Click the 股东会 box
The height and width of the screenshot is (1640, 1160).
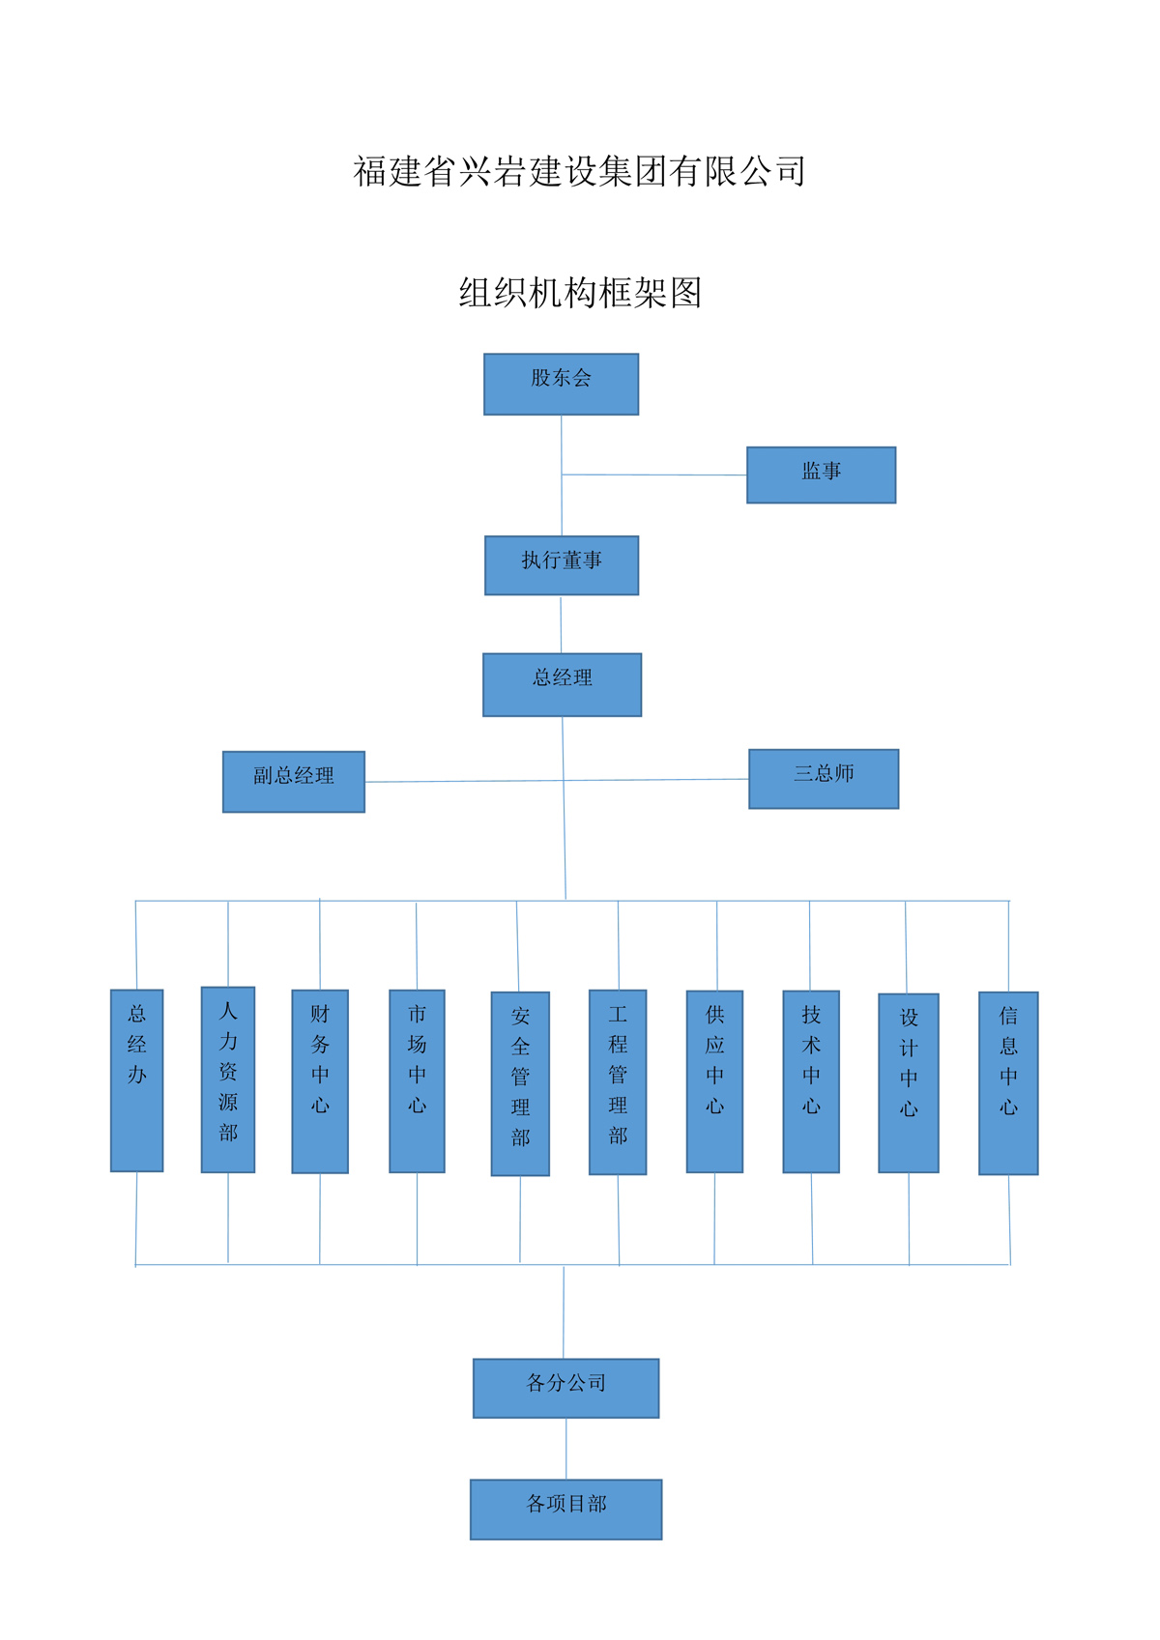[561, 384]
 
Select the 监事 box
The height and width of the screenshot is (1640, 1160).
[821, 475]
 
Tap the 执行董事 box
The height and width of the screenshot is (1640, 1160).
[562, 565]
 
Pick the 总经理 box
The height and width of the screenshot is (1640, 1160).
[562, 684]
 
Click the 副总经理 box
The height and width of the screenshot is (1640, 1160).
[294, 782]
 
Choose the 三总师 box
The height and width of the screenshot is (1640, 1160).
[824, 779]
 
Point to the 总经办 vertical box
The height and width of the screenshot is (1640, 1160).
[137, 1080]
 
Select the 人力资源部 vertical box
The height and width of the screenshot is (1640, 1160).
[228, 1079]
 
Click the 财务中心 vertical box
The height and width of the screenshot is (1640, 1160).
[320, 1081]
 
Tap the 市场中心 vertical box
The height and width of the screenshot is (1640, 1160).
[417, 1081]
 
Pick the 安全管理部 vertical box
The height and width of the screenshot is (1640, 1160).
[520, 1083]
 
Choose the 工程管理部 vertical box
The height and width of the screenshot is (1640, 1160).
[618, 1082]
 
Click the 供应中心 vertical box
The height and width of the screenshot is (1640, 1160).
[714, 1081]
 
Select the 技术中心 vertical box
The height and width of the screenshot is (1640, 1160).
[811, 1081]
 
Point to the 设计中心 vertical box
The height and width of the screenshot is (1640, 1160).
[909, 1083]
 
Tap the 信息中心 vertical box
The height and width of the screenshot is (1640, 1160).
[1008, 1083]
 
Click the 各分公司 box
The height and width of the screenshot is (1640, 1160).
[565, 1389]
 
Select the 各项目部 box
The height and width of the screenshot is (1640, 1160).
[565, 1510]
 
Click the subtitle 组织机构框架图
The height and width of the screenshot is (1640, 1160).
[580, 293]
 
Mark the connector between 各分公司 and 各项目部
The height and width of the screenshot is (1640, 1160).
[566, 1449]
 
